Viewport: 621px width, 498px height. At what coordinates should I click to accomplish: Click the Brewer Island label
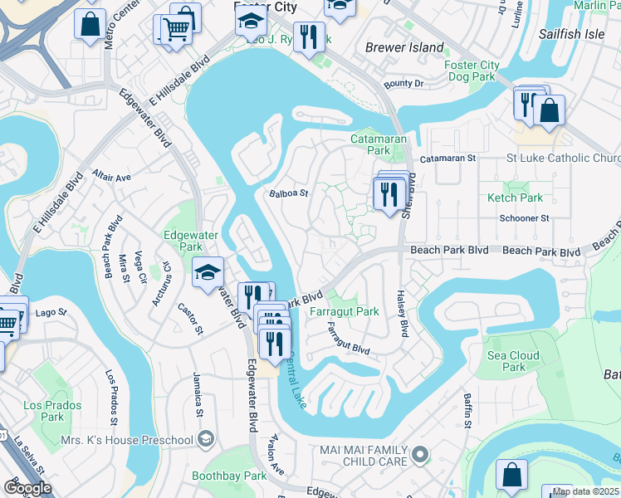tap(404, 47)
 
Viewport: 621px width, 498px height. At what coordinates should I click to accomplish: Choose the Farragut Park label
tap(344, 311)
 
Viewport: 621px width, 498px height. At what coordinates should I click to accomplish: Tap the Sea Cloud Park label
tap(514, 361)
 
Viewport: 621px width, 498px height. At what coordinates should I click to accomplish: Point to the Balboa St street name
tap(289, 193)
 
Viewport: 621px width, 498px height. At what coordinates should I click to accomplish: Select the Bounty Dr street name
tap(403, 84)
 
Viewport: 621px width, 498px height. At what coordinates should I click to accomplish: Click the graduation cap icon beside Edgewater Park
tap(208, 272)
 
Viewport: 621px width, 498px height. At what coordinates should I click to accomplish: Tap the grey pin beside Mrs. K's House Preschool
tap(206, 438)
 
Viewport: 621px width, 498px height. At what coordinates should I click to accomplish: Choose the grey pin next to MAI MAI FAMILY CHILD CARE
tap(421, 454)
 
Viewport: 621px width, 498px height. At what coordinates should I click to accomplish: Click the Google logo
tap(27, 487)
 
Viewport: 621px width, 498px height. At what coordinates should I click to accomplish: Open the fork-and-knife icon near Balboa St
tap(389, 194)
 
